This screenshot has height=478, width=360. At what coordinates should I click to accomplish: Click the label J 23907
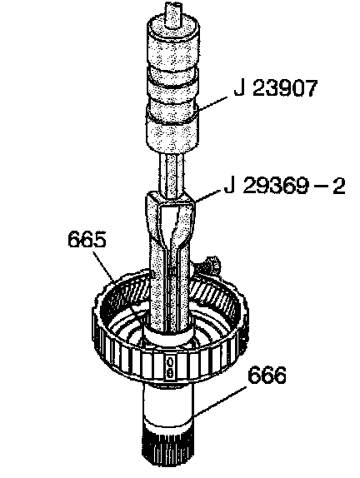coord(276,88)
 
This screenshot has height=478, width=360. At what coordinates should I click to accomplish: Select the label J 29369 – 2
coord(285,186)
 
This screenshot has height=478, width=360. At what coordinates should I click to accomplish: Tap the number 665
coord(87,239)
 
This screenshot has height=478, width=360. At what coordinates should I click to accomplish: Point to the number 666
coord(267,375)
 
